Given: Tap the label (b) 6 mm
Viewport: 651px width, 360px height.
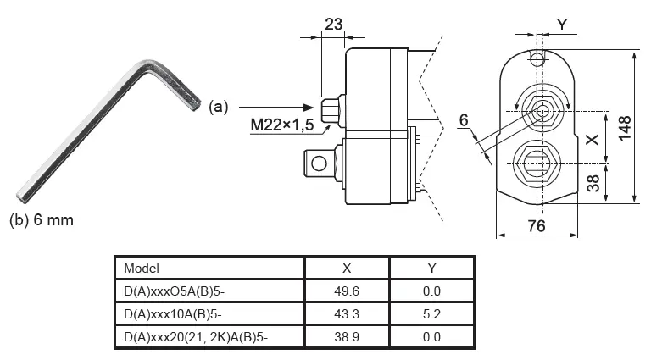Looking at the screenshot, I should pos(42,220).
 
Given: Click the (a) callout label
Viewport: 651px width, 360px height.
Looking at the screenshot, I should pos(220,107).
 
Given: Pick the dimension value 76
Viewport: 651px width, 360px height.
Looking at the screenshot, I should pos(537,226).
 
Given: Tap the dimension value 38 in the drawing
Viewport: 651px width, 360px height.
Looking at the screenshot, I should pos(595,182).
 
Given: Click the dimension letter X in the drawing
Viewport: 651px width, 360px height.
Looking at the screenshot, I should pos(594,136).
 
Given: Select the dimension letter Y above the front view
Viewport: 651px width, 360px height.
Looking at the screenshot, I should pos(564,25).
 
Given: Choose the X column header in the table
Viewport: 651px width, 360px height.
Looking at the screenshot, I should pos(346,268).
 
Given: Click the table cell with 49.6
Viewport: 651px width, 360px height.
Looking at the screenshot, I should pos(346,291).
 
